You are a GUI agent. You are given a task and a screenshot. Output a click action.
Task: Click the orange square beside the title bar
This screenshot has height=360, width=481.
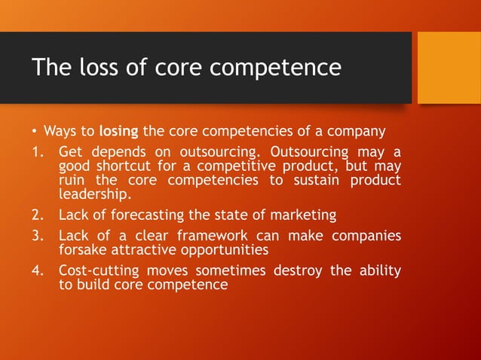449,68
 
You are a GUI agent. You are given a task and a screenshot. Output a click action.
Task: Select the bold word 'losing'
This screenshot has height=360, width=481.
118,132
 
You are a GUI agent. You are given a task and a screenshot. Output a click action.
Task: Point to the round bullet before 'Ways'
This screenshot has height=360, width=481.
35,133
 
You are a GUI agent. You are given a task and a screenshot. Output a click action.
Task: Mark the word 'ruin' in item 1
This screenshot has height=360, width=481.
72,181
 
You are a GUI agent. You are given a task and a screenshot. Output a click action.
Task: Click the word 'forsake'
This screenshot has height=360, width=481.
82,250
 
